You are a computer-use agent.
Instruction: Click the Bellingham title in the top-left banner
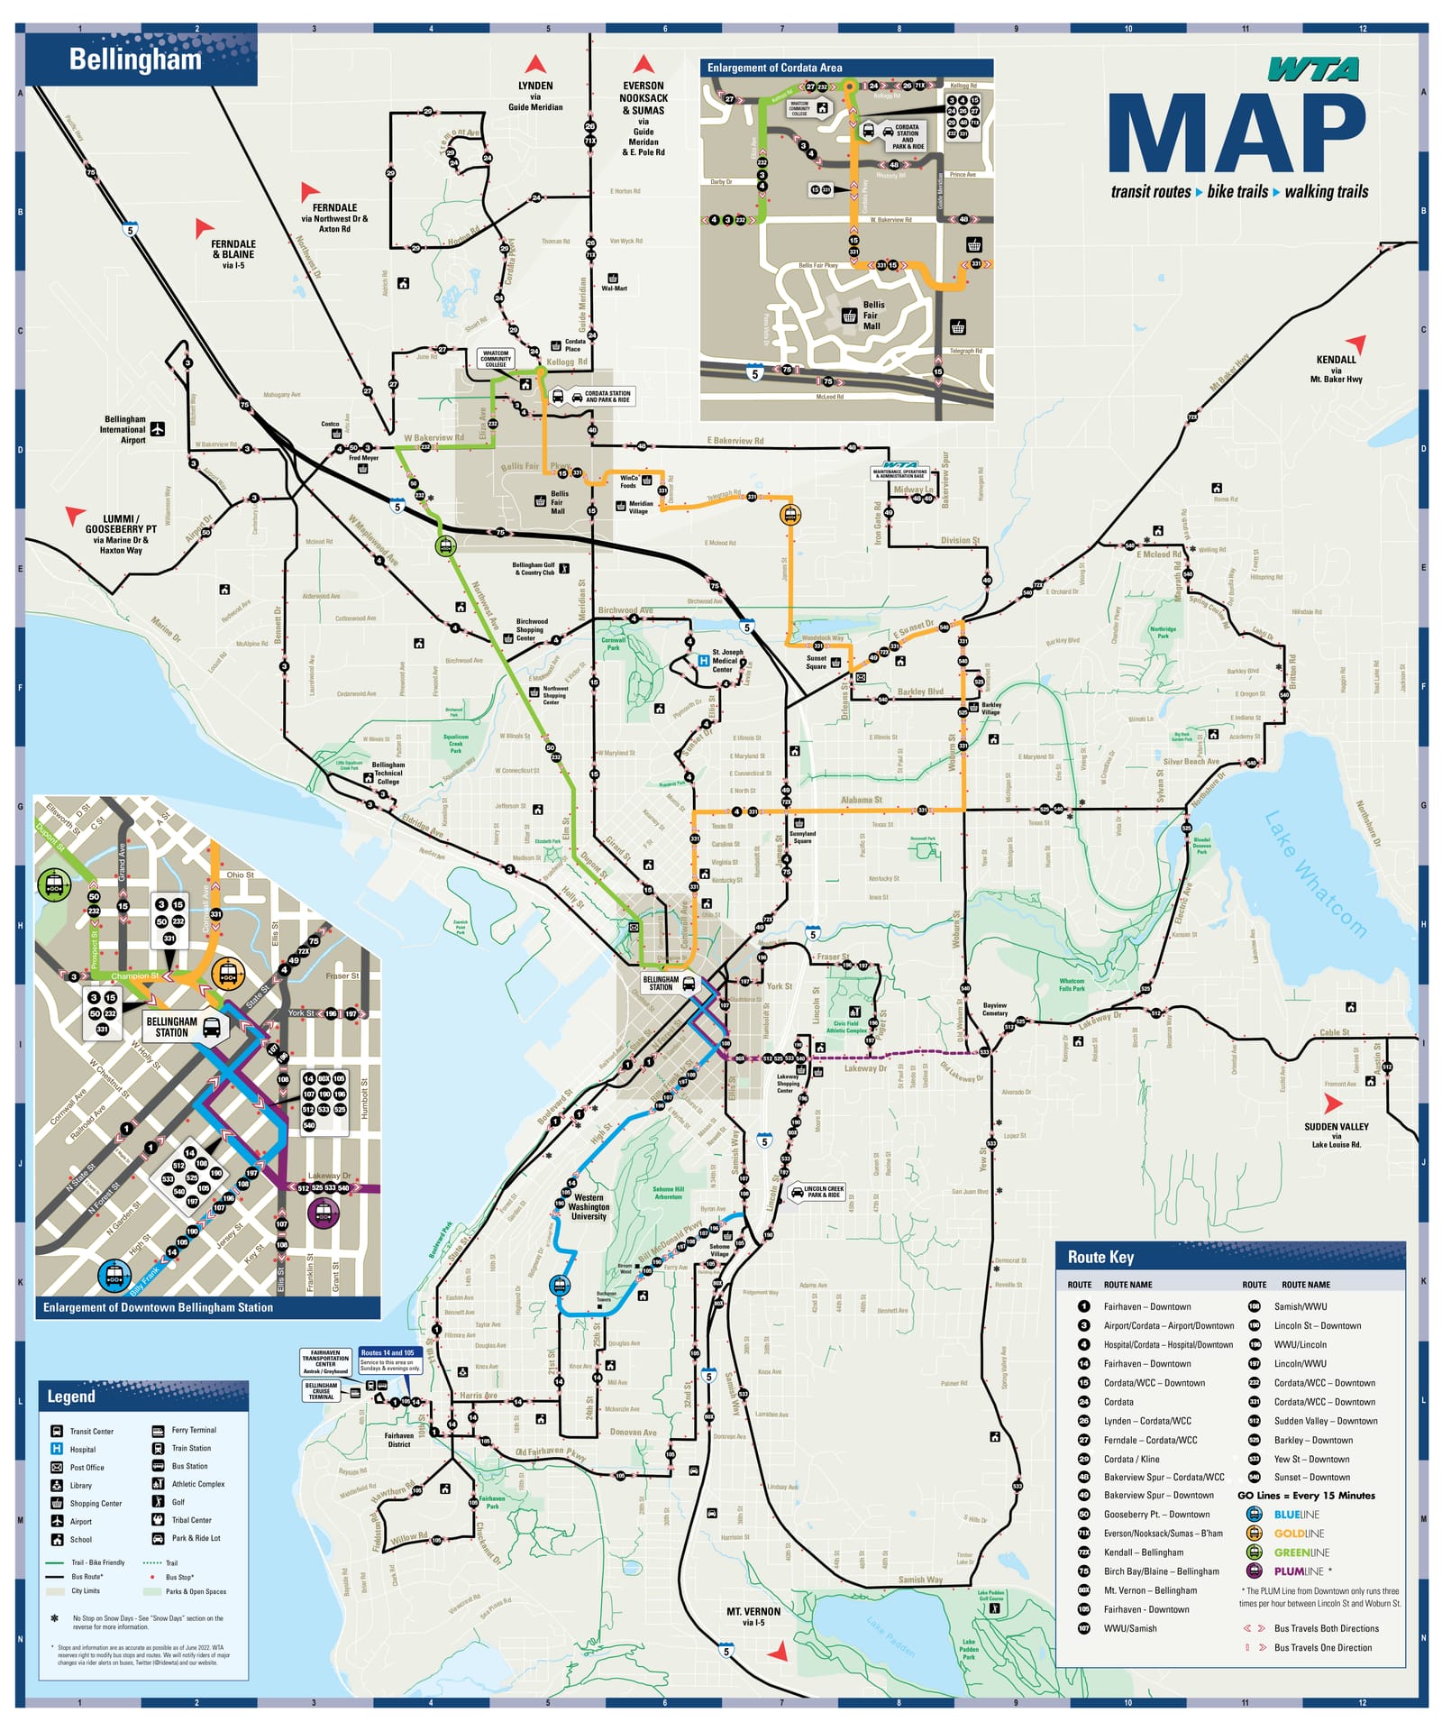click(x=135, y=60)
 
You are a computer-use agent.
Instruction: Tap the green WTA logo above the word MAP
click(x=1313, y=69)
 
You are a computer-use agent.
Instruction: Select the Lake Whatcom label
click(x=1315, y=874)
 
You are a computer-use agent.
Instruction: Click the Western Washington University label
click(x=589, y=1206)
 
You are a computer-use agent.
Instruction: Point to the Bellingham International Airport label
click(x=124, y=429)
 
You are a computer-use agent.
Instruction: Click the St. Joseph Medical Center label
click(x=727, y=661)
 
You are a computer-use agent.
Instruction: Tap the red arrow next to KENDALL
click(x=1356, y=343)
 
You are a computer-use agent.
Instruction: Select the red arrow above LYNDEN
click(x=535, y=64)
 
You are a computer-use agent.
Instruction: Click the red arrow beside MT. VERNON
click(x=778, y=1651)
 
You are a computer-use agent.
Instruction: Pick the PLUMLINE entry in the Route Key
click(x=1298, y=1571)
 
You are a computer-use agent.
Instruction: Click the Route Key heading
click(x=1100, y=1257)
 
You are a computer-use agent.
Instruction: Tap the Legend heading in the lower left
click(x=70, y=1397)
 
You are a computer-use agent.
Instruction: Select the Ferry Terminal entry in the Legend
click(x=194, y=1430)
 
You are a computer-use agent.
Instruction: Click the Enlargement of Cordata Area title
click(x=774, y=68)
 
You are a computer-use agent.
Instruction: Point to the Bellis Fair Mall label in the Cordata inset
click(x=872, y=316)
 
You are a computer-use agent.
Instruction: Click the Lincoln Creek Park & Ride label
click(x=824, y=1192)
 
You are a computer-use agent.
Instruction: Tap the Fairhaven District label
click(x=399, y=1440)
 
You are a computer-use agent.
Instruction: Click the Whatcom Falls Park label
click(x=1072, y=985)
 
